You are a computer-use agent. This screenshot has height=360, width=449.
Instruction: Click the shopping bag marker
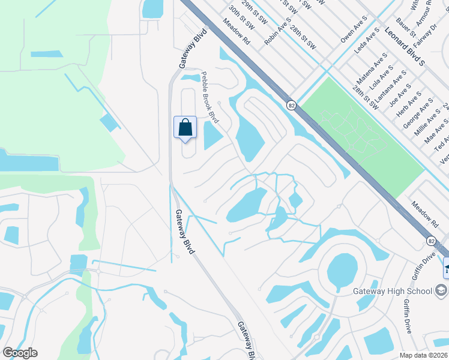185,128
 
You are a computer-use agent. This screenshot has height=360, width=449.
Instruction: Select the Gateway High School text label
392,292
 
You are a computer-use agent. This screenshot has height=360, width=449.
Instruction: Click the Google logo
20,353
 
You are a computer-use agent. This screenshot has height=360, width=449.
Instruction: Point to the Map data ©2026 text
424,355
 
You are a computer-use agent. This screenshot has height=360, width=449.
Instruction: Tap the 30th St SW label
241,19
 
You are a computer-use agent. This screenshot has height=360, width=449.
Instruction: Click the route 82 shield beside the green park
291,105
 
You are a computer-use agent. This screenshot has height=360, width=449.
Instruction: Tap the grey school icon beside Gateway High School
442,291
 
